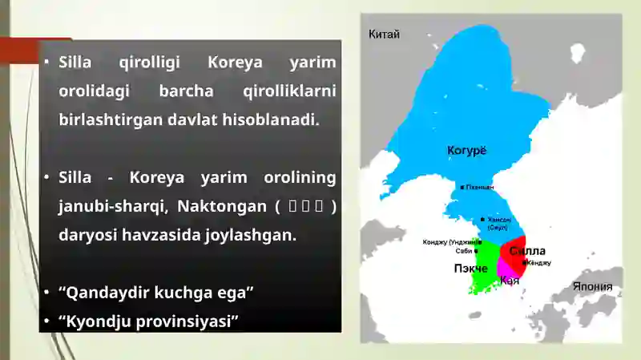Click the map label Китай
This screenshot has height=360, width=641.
(x=384, y=34)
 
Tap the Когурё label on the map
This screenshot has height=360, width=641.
(x=466, y=150)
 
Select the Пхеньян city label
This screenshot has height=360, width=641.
(x=480, y=188)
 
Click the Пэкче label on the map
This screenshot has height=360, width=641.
(x=471, y=269)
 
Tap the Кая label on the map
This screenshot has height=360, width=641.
(x=510, y=281)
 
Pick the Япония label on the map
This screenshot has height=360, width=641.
(x=592, y=286)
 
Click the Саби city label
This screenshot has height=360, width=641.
(x=464, y=251)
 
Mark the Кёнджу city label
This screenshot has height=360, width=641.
(x=539, y=263)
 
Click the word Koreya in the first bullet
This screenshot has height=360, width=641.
(x=234, y=63)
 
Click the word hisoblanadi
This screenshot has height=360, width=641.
(x=277, y=119)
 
